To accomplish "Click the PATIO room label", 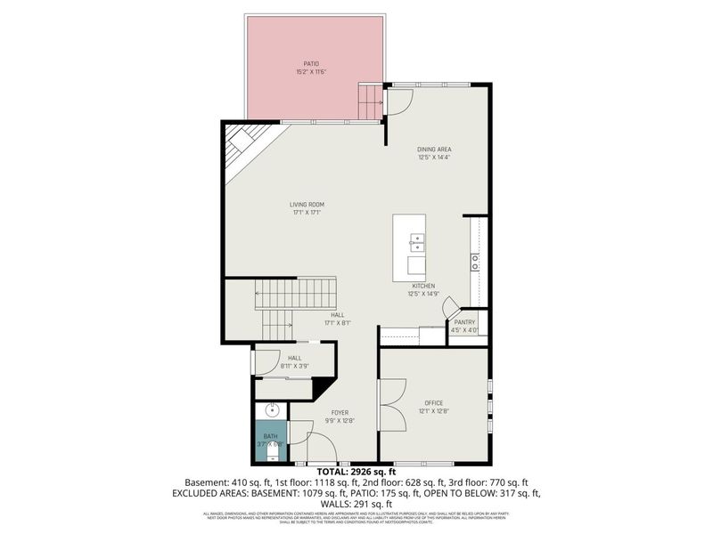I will pyautogui.click(x=311, y=63).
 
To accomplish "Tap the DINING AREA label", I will pyautogui.click(x=435, y=150).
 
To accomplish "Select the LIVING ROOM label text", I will pyautogui.click(x=306, y=205).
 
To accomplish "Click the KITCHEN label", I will pyautogui.click(x=422, y=286).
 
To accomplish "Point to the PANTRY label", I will pyautogui.click(x=464, y=322).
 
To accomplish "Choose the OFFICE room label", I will pyautogui.click(x=434, y=404).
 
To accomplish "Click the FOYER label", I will pyautogui.click(x=340, y=413).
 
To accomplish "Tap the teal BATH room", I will pyautogui.click(x=270, y=441).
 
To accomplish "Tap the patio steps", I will pyautogui.click(x=370, y=101).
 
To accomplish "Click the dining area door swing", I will pyautogui.click(x=397, y=101).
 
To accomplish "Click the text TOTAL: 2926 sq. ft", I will pyautogui.click(x=356, y=472).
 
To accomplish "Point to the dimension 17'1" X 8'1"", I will pyautogui.click(x=338, y=323).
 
